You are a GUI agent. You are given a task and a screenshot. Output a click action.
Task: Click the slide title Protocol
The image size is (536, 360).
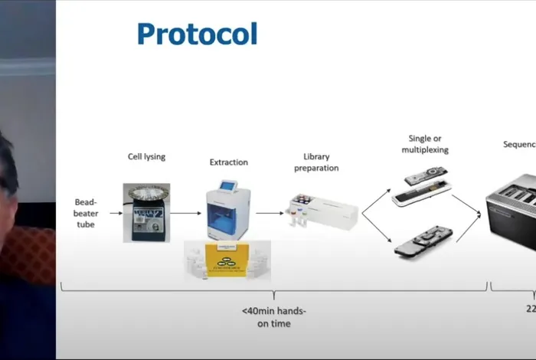197,34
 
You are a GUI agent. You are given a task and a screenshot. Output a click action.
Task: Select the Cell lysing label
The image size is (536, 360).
146,157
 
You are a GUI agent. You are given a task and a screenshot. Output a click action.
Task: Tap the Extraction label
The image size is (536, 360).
228,162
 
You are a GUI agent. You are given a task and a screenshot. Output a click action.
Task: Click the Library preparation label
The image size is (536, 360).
321,162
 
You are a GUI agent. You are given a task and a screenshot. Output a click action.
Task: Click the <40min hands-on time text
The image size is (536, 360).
275,317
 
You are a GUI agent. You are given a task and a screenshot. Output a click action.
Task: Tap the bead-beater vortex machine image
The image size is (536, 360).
146,212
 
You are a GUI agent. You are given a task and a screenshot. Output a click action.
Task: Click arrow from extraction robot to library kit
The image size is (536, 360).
269,213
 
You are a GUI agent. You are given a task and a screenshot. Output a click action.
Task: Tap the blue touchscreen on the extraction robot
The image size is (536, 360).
228,186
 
